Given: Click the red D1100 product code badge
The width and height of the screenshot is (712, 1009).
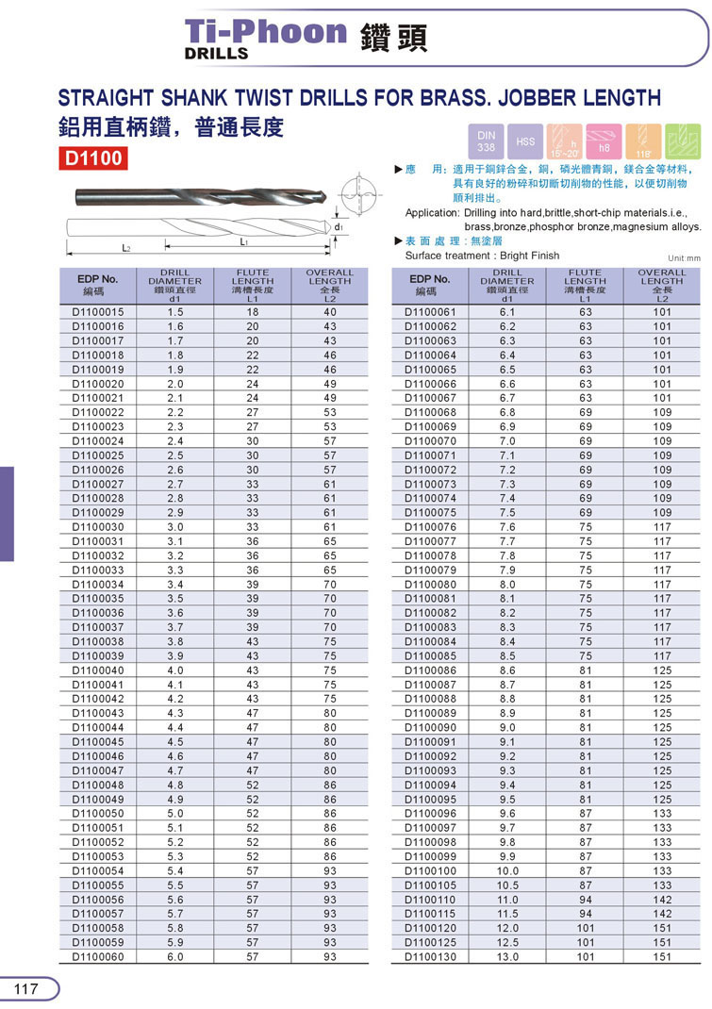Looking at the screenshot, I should (93, 157).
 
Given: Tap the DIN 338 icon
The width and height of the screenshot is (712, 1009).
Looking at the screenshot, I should (486, 141).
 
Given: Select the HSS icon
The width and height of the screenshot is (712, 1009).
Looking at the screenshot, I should (525, 141).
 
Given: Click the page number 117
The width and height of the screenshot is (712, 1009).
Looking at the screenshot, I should (25, 988).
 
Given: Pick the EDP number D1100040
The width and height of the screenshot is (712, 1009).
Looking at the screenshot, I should (98, 670).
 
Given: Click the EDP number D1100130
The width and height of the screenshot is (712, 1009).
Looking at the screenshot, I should (430, 956).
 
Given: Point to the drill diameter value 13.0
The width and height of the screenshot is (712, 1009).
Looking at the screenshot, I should (507, 956).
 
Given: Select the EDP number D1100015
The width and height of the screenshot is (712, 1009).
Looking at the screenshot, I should (98, 312).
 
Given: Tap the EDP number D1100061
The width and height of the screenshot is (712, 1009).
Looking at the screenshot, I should (430, 312).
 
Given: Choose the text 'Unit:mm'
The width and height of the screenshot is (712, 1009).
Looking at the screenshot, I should (684, 257).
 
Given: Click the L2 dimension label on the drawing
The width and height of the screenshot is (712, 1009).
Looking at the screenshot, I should (126, 248).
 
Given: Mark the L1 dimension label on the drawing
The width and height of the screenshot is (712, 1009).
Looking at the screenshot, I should (244, 242).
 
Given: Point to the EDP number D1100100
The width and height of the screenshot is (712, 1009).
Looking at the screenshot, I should (430, 870).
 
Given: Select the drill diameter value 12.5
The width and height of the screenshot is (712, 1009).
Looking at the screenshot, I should (507, 942).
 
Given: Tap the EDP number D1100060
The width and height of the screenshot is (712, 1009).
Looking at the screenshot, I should (98, 956).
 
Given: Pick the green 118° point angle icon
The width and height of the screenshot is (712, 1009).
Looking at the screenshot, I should (683, 141).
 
